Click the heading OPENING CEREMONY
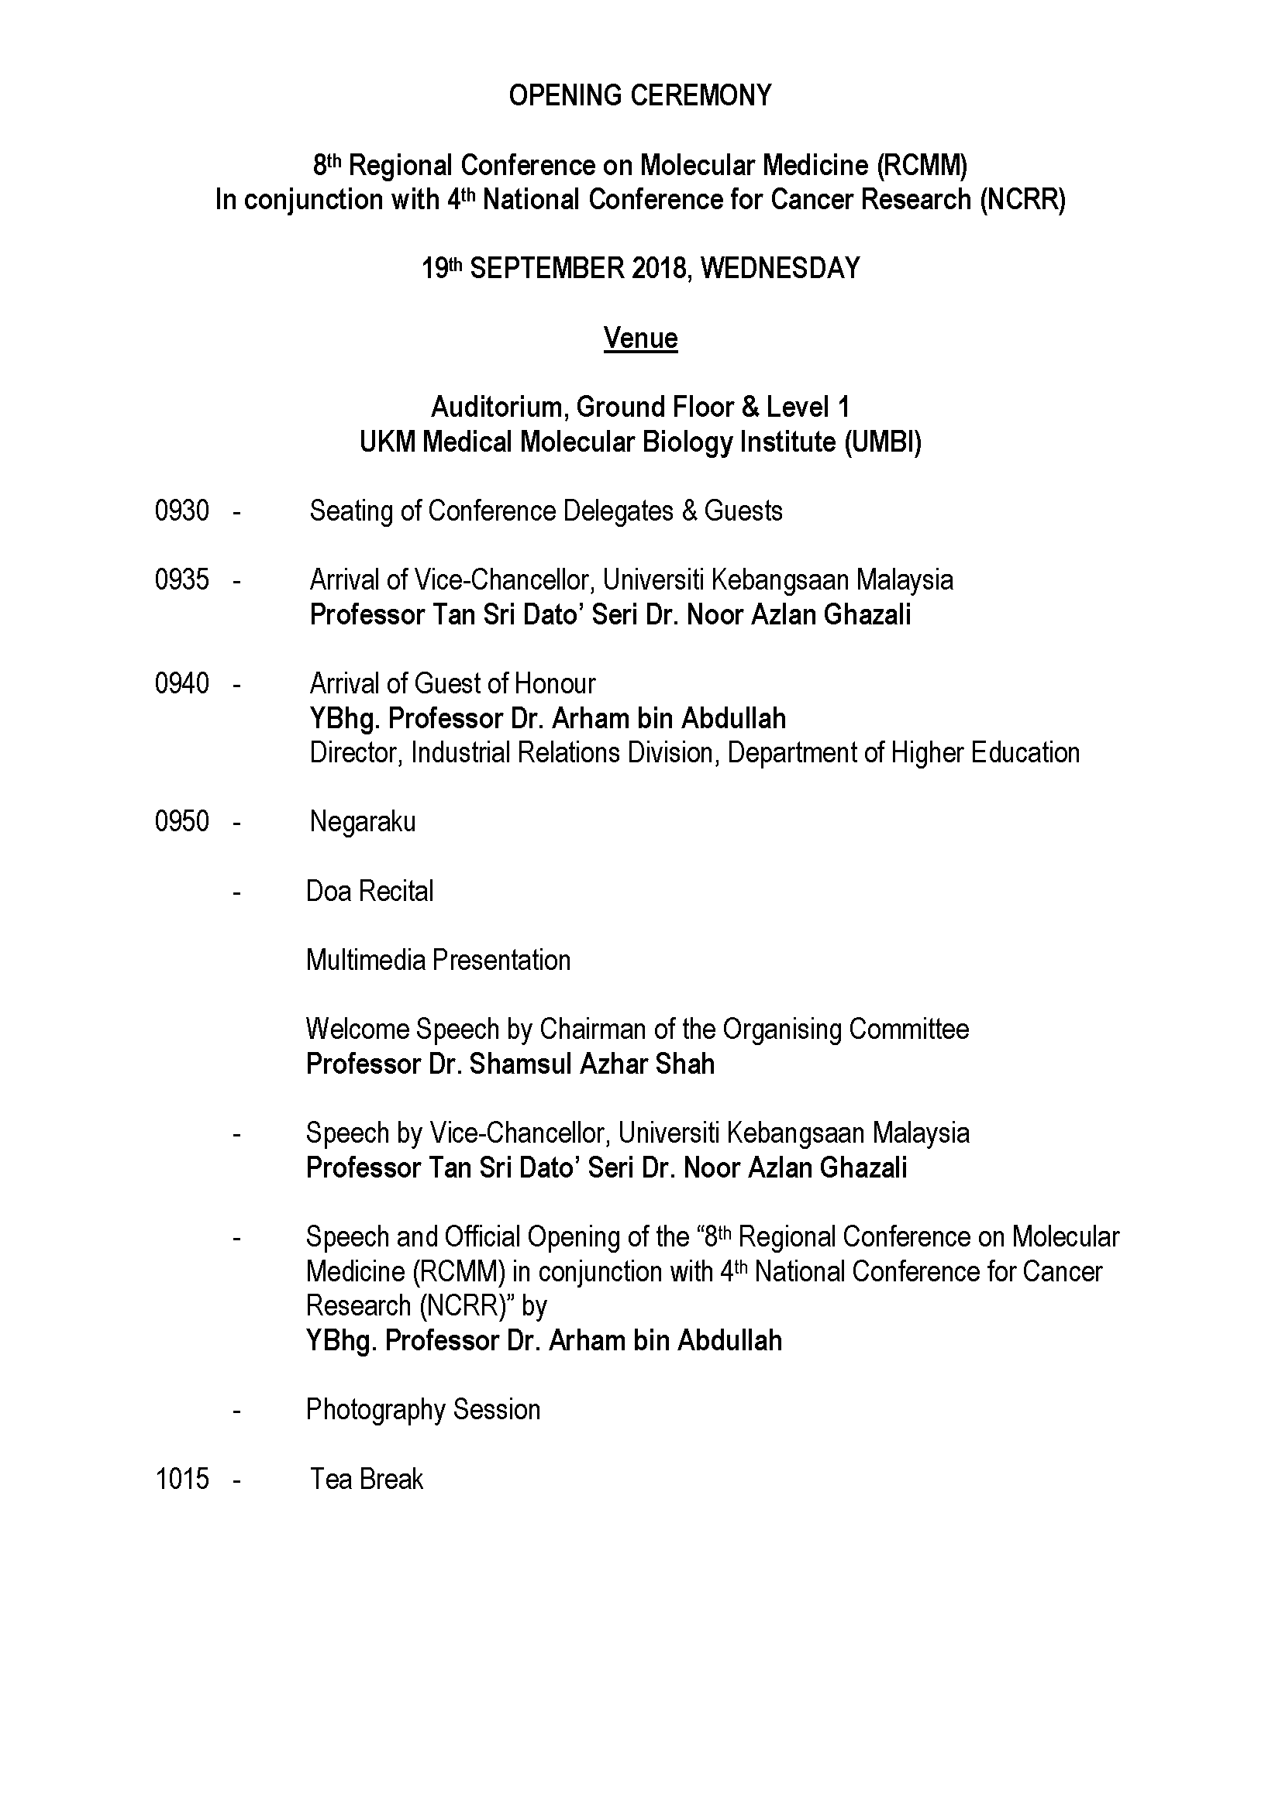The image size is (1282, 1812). pyautogui.click(x=640, y=95)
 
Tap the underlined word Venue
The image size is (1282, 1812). pyautogui.click(x=640, y=339)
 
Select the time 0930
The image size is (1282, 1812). pyautogui.click(x=181, y=511)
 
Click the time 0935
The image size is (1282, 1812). pyautogui.click(x=181, y=580)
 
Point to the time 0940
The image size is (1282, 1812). pyautogui.click(x=181, y=683)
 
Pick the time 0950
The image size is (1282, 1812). pyautogui.click(x=181, y=821)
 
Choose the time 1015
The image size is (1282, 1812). pyautogui.click(x=181, y=1479)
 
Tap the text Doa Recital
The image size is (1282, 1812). pyautogui.click(x=370, y=892)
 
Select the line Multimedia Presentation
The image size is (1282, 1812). pyautogui.click(x=438, y=961)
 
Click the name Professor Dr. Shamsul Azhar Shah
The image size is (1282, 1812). pyautogui.click(x=510, y=1064)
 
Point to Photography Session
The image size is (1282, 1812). pyautogui.click(x=423, y=1410)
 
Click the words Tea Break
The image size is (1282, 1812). pyautogui.click(x=367, y=1479)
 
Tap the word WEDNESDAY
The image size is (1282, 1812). pyautogui.click(x=780, y=269)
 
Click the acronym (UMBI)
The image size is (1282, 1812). pyautogui.click(x=883, y=442)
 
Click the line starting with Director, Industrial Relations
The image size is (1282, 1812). pyautogui.click(x=694, y=753)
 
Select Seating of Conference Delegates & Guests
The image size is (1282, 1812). pyautogui.click(x=546, y=511)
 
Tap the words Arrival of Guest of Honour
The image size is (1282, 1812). pyautogui.click(x=453, y=683)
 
